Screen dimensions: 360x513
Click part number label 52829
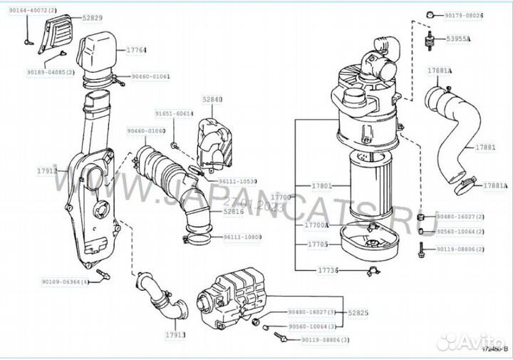coord(92,16)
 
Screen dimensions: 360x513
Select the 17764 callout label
coord(137,50)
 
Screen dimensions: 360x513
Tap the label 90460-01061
coord(150,76)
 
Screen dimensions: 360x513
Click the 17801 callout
coord(322,186)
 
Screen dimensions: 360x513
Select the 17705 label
coord(317,244)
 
